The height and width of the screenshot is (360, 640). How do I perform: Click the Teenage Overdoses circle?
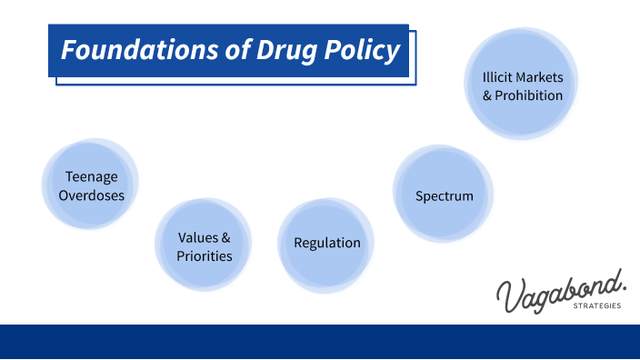tap(91, 185)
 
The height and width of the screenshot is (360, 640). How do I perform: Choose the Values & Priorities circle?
tap(205, 246)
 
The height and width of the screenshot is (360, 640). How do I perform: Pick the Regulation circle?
tap(326, 243)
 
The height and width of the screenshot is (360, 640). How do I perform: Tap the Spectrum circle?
tap(445, 195)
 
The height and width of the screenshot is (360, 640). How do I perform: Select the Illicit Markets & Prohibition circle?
tap(522, 85)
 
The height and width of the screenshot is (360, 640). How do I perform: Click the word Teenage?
tap(91, 176)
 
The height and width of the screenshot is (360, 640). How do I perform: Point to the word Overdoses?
tap(91, 195)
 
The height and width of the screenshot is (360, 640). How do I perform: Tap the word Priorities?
tap(205, 255)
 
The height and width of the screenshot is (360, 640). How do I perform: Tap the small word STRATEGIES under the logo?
tap(597, 306)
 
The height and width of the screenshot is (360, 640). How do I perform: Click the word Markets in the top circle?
tap(540, 76)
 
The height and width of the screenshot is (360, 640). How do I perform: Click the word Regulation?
tap(326, 243)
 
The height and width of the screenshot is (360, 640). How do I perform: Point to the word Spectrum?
tap(445, 195)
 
